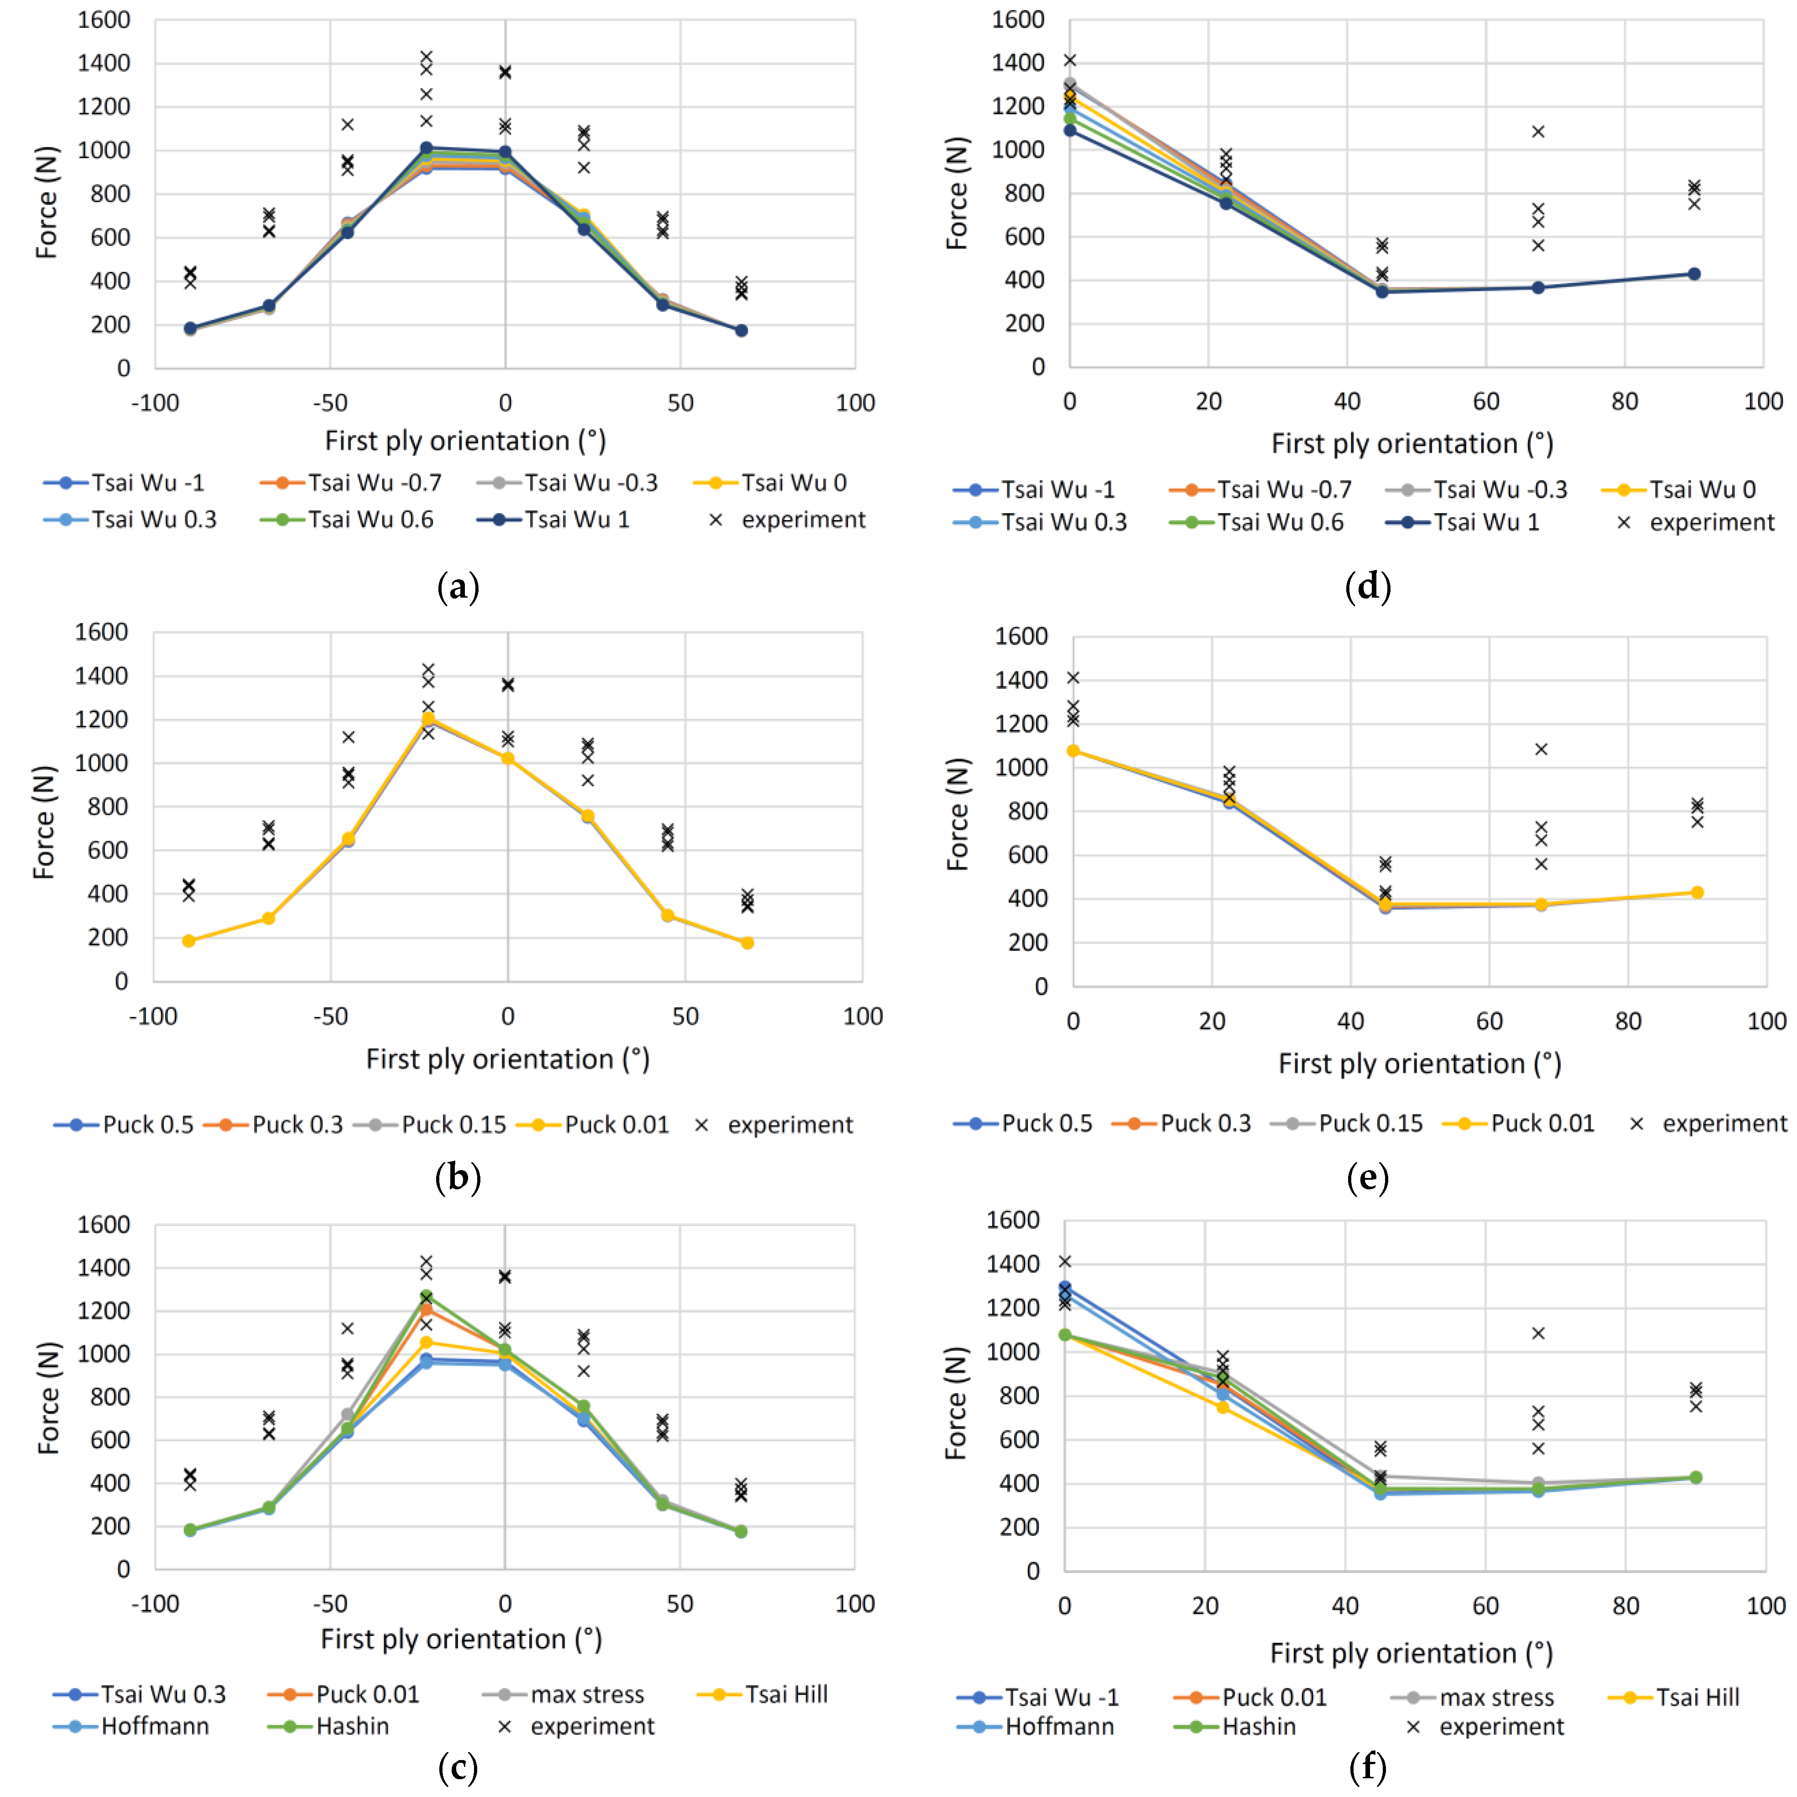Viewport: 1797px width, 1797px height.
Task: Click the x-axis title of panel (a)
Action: [x=465, y=441]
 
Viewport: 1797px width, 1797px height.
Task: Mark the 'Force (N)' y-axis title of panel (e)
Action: [x=958, y=814]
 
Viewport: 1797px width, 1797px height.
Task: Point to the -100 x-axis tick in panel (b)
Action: [x=153, y=1016]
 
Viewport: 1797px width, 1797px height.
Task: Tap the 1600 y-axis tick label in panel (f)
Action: [x=1013, y=1220]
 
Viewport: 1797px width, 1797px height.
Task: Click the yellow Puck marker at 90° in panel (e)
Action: [x=1697, y=893]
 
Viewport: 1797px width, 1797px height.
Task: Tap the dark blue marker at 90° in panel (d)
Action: [x=1694, y=274]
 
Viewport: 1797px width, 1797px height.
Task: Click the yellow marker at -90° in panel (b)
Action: [x=189, y=941]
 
